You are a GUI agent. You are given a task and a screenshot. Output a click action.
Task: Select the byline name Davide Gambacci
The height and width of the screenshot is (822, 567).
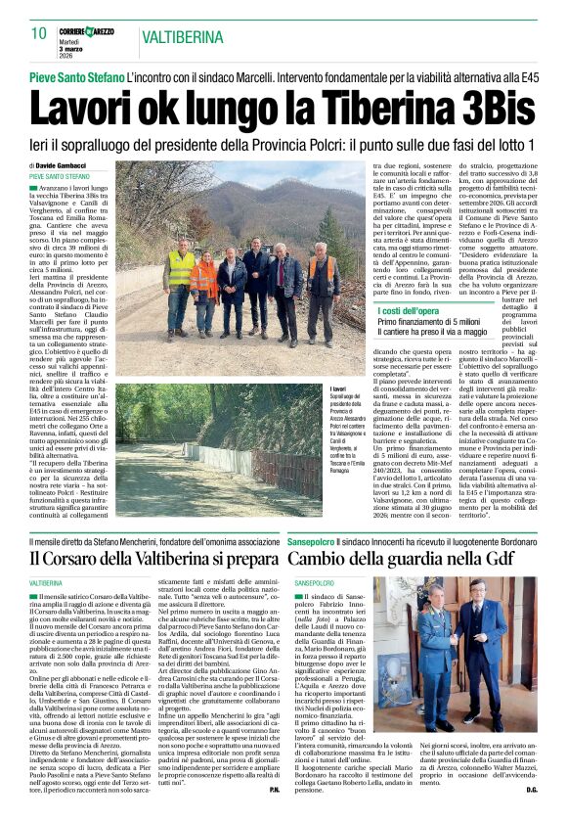(63, 165)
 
